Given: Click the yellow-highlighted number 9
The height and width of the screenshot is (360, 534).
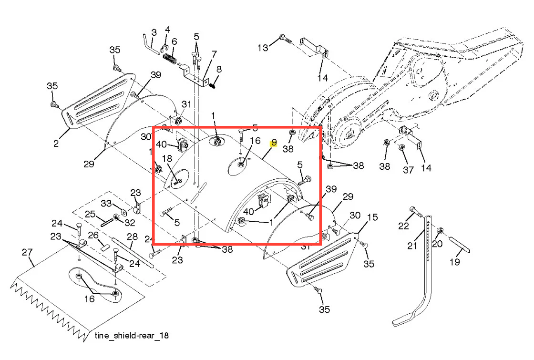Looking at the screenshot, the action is tap(274, 143).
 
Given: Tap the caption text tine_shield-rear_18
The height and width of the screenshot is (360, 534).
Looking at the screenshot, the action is tap(132, 336).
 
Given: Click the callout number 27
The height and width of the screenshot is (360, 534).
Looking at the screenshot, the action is tap(27, 252).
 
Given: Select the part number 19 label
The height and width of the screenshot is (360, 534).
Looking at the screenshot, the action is tap(455, 262).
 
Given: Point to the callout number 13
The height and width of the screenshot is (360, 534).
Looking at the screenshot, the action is tap(263, 48).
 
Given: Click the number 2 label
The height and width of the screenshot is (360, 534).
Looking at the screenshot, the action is tap(56, 144).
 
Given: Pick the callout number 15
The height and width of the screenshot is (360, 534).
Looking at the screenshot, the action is tap(372, 217).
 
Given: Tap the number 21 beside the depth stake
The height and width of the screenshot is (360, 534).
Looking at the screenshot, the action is tap(412, 246).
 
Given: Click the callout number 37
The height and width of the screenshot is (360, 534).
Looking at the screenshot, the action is tap(408, 170).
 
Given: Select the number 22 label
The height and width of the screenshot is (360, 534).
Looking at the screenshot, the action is tap(403, 226).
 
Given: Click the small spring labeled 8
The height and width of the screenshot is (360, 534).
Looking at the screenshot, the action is tap(213, 83).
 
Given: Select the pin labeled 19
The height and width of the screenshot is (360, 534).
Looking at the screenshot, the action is tap(460, 244).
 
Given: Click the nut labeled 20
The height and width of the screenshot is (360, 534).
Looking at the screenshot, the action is tap(440, 231).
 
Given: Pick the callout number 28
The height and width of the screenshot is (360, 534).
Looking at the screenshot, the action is tap(132, 237).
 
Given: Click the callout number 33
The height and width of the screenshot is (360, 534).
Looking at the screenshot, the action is tap(106, 203).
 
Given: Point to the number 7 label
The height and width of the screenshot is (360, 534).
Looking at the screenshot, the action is tap(214, 54).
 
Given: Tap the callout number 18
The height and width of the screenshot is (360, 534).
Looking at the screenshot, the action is tap(167, 159).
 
